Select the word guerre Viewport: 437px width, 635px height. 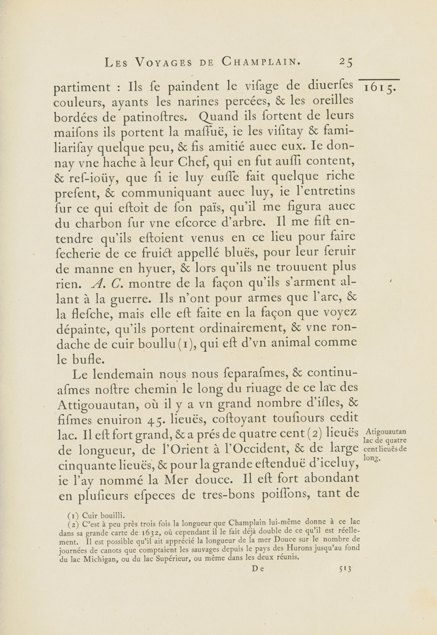coord(130,298)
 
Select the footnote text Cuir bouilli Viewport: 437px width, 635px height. coord(103,515)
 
